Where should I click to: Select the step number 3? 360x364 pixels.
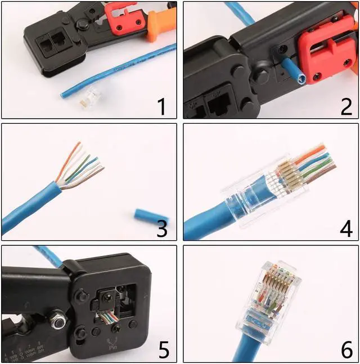161,228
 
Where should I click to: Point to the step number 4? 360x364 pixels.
346,228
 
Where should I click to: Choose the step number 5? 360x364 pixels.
163,349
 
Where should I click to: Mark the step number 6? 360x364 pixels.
346,349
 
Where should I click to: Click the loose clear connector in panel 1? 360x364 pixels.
86,98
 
